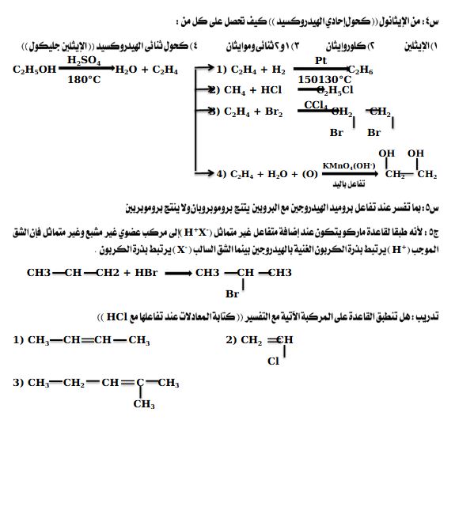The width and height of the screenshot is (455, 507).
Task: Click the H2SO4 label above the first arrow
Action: pyautogui.click(x=84, y=60)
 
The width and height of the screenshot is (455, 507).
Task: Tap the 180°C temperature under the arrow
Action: pyautogui.click(x=84, y=80)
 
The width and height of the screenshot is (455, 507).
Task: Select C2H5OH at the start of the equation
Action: pyautogui.click(x=34, y=70)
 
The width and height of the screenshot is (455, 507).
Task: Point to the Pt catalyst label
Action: pyautogui.click(x=320, y=60)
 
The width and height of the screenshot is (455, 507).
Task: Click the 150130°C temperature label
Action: pyautogui.click(x=324, y=80)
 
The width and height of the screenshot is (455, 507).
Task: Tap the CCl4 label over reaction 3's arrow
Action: pyautogui.click(x=316, y=104)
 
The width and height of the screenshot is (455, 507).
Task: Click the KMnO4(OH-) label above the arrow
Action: pyautogui.click(x=348, y=165)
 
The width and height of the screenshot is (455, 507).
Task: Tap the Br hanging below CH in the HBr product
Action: pyautogui.click(x=232, y=293)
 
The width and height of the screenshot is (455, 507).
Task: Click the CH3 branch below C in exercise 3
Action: pyautogui.click(x=143, y=404)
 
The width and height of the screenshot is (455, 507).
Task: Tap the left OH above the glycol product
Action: pyautogui.click(x=386, y=153)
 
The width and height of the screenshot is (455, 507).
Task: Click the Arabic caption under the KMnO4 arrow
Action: pyautogui.click(x=350, y=184)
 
